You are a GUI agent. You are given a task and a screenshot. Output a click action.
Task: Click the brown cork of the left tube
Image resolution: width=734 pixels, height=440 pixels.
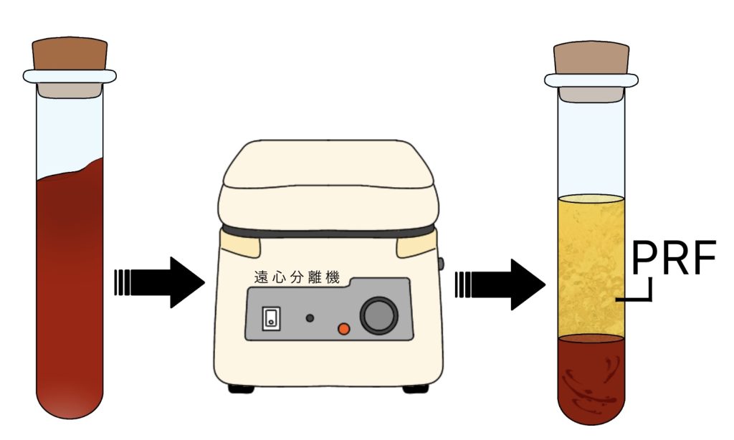(70, 54)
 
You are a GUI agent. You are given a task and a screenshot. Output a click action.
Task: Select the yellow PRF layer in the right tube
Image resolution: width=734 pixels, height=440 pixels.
(591, 265)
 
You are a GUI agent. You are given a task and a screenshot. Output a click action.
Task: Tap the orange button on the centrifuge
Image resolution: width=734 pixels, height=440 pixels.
(343, 328)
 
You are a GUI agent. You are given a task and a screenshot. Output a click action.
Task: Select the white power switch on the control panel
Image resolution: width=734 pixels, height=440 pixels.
(270, 317)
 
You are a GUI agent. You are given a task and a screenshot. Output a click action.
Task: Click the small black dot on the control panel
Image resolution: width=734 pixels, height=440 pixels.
(310, 317)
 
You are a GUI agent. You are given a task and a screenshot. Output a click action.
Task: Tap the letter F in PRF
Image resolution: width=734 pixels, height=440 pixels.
(702, 262)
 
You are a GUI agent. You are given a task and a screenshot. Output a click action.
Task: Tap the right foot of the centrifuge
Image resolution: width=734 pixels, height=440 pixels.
(415, 388)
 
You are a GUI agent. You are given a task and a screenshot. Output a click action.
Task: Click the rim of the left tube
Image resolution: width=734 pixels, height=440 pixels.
(70, 75)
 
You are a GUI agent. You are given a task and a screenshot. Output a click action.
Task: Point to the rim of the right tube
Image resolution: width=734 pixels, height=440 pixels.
(591, 80)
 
